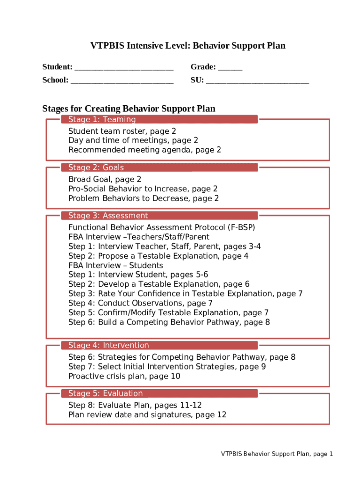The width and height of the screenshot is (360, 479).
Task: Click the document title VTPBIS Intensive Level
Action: [187, 46]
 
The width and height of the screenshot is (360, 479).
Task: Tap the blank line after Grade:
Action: [230, 68]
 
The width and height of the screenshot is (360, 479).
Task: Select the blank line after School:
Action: [122, 81]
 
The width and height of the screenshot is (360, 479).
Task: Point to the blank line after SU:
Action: [257, 81]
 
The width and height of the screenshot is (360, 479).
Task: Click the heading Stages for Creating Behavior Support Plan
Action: [129, 109]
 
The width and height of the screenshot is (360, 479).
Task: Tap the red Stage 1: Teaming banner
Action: [159, 119]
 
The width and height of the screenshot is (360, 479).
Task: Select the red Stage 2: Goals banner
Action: [159, 167]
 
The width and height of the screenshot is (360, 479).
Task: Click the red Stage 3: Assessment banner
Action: [159, 216]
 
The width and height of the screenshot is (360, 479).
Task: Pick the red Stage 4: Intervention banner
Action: [159, 345]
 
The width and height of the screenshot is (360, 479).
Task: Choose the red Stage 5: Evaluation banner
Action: [159, 393]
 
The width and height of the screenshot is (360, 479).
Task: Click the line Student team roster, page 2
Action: [122, 131]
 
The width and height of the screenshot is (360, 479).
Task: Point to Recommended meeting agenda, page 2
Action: [144, 150]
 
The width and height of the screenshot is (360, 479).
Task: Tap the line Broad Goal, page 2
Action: [105, 180]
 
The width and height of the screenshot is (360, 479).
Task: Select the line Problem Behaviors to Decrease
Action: [144, 198]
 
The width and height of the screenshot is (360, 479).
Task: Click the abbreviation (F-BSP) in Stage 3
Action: [241, 228]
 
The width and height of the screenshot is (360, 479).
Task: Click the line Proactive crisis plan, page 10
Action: [124, 376]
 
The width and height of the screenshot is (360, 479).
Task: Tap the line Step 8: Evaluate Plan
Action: [135, 406]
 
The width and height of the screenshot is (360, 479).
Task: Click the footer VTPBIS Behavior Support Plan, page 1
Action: [277, 454]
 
